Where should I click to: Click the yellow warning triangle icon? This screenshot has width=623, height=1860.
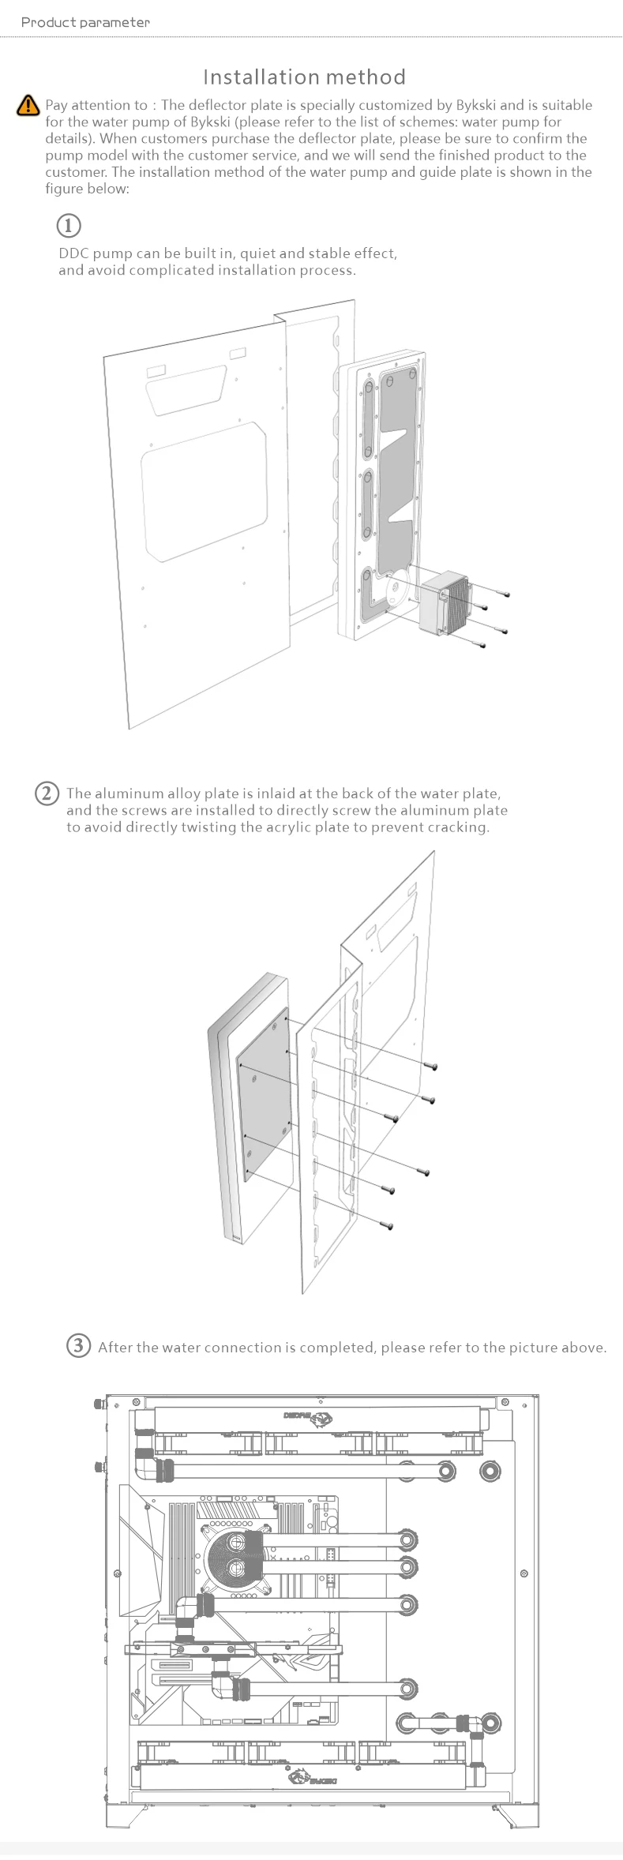(x=28, y=104)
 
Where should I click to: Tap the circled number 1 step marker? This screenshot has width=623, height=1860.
(x=69, y=226)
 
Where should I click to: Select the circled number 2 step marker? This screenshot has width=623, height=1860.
(x=47, y=793)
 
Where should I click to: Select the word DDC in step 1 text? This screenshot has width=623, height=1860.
(x=73, y=253)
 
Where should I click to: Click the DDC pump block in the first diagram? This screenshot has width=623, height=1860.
(x=444, y=604)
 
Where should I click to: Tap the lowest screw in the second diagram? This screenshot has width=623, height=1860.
(x=387, y=1225)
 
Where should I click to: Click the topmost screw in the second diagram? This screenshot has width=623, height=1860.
(x=431, y=1066)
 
